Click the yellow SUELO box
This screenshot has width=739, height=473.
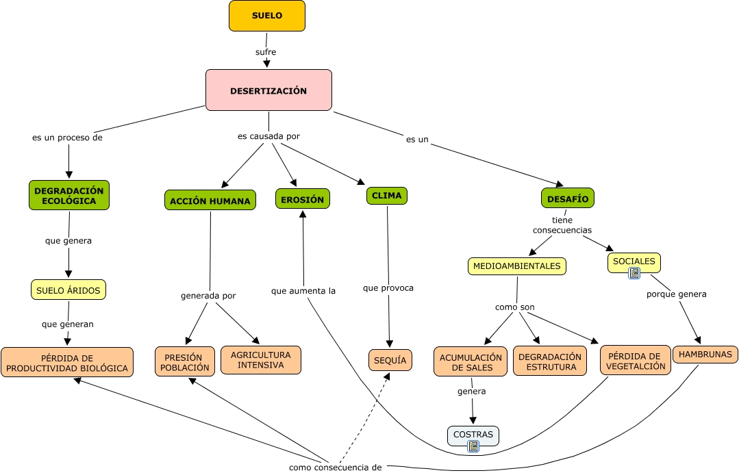266,16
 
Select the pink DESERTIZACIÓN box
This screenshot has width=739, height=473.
268,90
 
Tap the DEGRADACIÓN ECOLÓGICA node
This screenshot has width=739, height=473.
68,195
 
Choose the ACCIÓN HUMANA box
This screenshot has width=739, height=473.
210,201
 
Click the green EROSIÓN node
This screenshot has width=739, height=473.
303,199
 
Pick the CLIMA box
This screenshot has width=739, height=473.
387,196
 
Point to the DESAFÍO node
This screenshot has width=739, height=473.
568,198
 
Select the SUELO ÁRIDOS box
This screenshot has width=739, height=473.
68,290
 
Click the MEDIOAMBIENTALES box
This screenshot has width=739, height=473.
517,266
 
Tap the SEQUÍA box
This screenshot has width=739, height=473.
390,360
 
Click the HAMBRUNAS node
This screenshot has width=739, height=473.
705,355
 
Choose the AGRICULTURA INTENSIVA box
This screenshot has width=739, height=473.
261,360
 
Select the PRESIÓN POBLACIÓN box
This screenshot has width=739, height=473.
185,362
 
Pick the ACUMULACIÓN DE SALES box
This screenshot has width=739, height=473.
471,362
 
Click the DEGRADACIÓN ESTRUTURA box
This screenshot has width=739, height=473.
550,361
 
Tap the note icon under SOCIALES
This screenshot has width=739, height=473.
634,273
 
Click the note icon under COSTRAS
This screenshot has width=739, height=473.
473,446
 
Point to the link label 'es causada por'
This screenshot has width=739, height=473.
268,136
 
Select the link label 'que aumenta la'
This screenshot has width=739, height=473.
303,291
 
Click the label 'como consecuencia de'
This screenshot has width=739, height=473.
335,468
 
